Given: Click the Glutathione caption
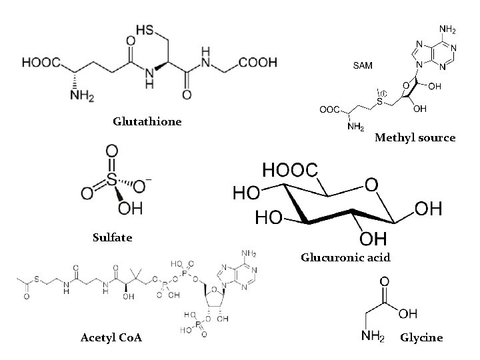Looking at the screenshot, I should tap(147, 122).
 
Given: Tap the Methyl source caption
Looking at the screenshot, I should tap(415, 138).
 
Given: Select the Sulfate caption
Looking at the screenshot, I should tap(113, 237).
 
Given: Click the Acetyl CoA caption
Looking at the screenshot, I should tap(111, 338).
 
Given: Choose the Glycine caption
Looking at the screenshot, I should tap(421, 337).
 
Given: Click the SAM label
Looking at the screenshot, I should tap(363, 66).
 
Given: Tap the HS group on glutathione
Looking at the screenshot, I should tap(147, 30).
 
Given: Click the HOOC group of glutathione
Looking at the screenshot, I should tap(41, 63).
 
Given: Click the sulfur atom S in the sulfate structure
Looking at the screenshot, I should tap(111, 179).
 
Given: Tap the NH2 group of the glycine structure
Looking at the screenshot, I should tap(373, 337).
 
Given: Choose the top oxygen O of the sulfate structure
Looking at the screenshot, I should tap(111, 151).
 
